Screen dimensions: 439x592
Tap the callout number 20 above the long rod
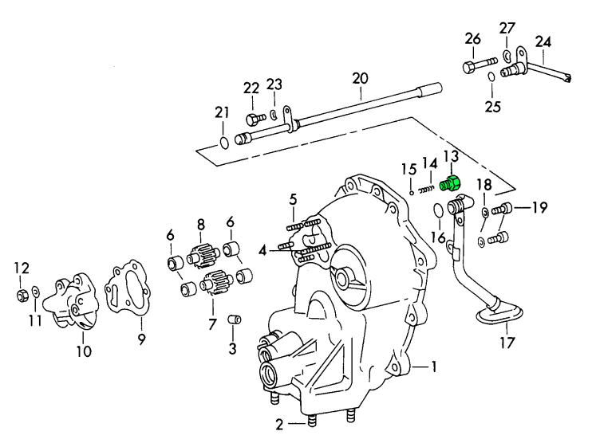pos(360,78)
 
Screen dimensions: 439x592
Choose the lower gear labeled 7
pos(213,284)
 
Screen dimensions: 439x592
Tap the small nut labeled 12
pos(22,296)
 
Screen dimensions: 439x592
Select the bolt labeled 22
pos(254,120)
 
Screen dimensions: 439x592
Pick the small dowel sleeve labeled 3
pos(234,320)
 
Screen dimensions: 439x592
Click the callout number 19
pos(540,209)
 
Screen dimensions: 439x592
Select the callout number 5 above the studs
pos(293,199)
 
